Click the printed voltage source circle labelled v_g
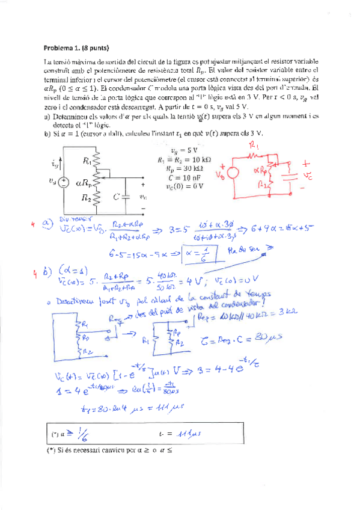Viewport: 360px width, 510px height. click(62, 183)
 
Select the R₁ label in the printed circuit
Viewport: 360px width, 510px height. click(87, 161)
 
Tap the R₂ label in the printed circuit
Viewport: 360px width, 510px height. click(88, 197)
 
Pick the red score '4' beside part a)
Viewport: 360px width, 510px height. click(35, 225)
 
